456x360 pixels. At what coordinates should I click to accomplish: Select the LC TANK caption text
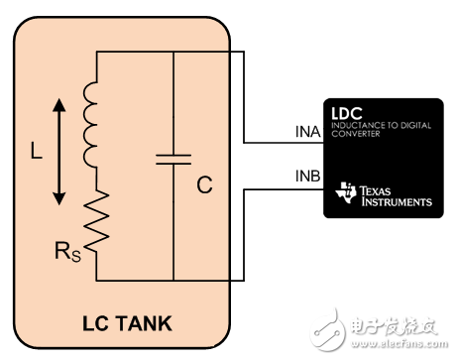[x=123, y=322]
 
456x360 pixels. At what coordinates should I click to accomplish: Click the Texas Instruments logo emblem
[x=346, y=194]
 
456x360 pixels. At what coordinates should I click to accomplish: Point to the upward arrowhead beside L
[x=58, y=103]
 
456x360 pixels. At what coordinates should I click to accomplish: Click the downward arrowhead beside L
[x=58, y=202]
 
